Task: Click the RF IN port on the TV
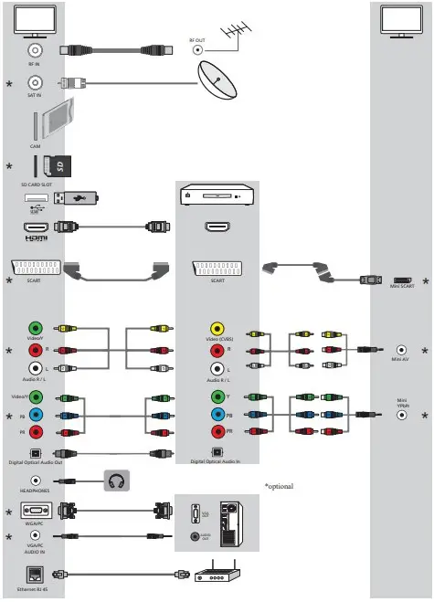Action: click(36, 51)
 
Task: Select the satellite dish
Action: click(217, 83)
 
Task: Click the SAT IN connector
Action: click(36, 82)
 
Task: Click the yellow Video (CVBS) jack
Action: click(217, 330)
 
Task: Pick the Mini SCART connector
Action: click(402, 280)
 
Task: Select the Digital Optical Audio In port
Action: click(217, 451)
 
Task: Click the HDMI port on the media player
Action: click(217, 227)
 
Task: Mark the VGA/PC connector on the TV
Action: click(36, 512)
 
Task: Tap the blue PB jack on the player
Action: click(217, 415)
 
